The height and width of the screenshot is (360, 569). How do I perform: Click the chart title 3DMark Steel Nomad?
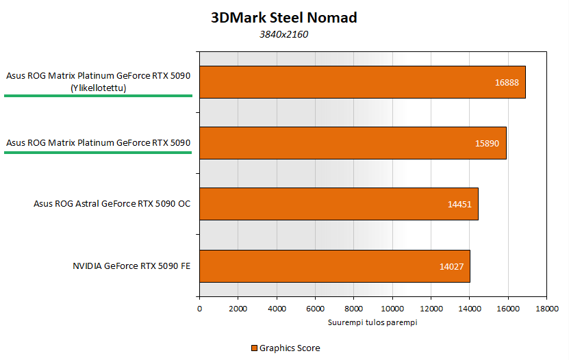point(284,18)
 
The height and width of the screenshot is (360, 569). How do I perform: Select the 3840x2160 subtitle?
point(283,34)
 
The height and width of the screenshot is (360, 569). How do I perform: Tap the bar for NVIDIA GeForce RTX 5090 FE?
point(334,266)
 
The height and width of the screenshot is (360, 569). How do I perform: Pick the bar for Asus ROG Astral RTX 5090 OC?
point(338,204)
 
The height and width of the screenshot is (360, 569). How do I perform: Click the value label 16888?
point(507,82)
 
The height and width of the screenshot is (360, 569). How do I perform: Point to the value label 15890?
point(488,144)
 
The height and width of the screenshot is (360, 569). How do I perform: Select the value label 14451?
point(459,204)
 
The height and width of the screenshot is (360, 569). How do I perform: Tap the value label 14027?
point(451,266)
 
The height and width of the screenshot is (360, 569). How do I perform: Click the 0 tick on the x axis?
point(199,309)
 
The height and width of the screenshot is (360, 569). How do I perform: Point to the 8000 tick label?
point(353,309)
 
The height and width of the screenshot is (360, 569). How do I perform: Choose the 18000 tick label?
point(546,309)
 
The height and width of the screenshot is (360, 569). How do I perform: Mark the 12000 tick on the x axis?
point(430,309)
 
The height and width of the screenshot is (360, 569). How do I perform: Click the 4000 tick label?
point(276,309)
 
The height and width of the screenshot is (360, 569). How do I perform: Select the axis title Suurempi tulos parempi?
point(372,322)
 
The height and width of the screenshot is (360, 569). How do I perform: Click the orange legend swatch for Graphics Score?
point(254,348)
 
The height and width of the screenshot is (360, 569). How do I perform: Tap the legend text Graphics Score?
point(290,348)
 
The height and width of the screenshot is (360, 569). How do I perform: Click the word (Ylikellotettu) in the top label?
point(98,87)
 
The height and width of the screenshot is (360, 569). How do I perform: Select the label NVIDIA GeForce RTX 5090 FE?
point(131,266)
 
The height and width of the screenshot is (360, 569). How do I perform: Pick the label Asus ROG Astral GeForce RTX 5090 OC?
point(112,204)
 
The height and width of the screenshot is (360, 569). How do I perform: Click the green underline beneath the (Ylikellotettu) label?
point(98,97)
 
